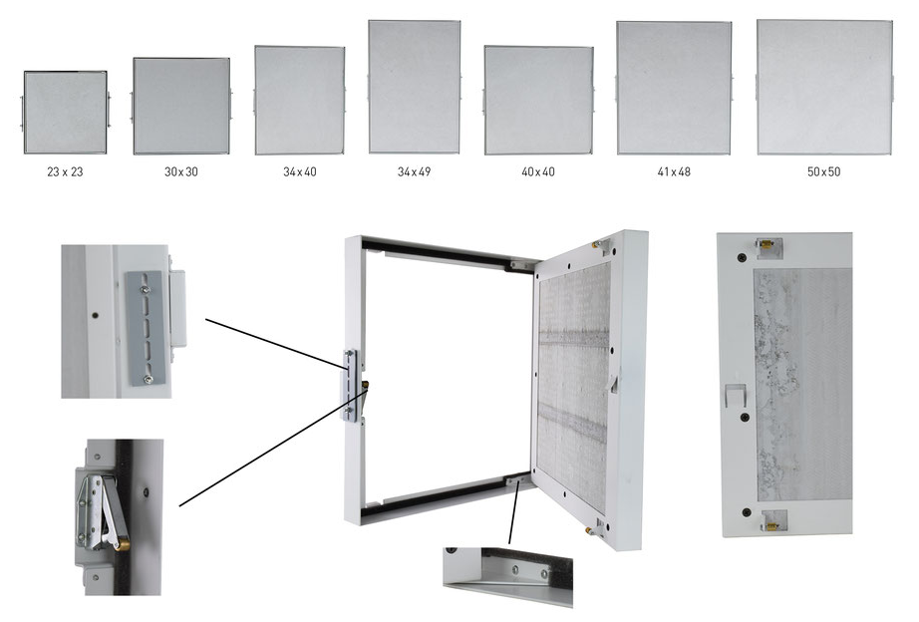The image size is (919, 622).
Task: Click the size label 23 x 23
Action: [x=65, y=171]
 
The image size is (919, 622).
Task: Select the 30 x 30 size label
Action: [x=181, y=171]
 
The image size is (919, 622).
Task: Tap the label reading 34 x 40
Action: [x=299, y=171]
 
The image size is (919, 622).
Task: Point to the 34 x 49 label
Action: [x=414, y=171]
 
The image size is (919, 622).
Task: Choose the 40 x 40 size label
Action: [x=538, y=171]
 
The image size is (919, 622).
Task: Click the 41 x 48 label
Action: [x=674, y=171]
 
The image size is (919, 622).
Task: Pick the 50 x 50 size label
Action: [x=823, y=171]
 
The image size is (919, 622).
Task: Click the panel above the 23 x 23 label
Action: [x=65, y=113]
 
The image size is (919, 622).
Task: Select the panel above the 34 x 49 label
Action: [x=415, y=87]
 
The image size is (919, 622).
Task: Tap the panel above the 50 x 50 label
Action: [x=824, y=88]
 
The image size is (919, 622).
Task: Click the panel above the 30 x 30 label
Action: [x=181, y=106]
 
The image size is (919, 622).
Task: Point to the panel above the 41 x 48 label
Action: [x=674, y=88]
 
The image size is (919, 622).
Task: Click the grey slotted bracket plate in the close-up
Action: [x=145, y=328]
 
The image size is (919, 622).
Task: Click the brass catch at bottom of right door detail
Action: [x=772, y=520]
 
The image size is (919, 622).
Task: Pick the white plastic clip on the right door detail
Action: [x=736, y=396]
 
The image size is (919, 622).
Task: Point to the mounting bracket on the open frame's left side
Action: [x=349, y=385]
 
